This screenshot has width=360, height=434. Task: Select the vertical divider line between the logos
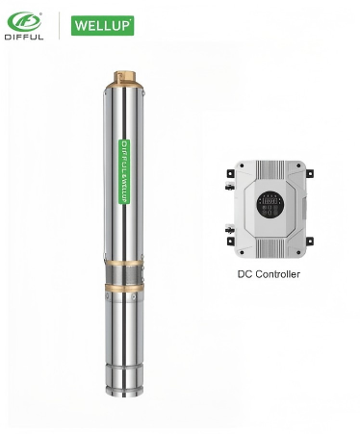(61, 25)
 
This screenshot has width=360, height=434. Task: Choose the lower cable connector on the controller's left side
(229, 229)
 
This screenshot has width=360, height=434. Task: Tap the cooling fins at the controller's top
(270, 169)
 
